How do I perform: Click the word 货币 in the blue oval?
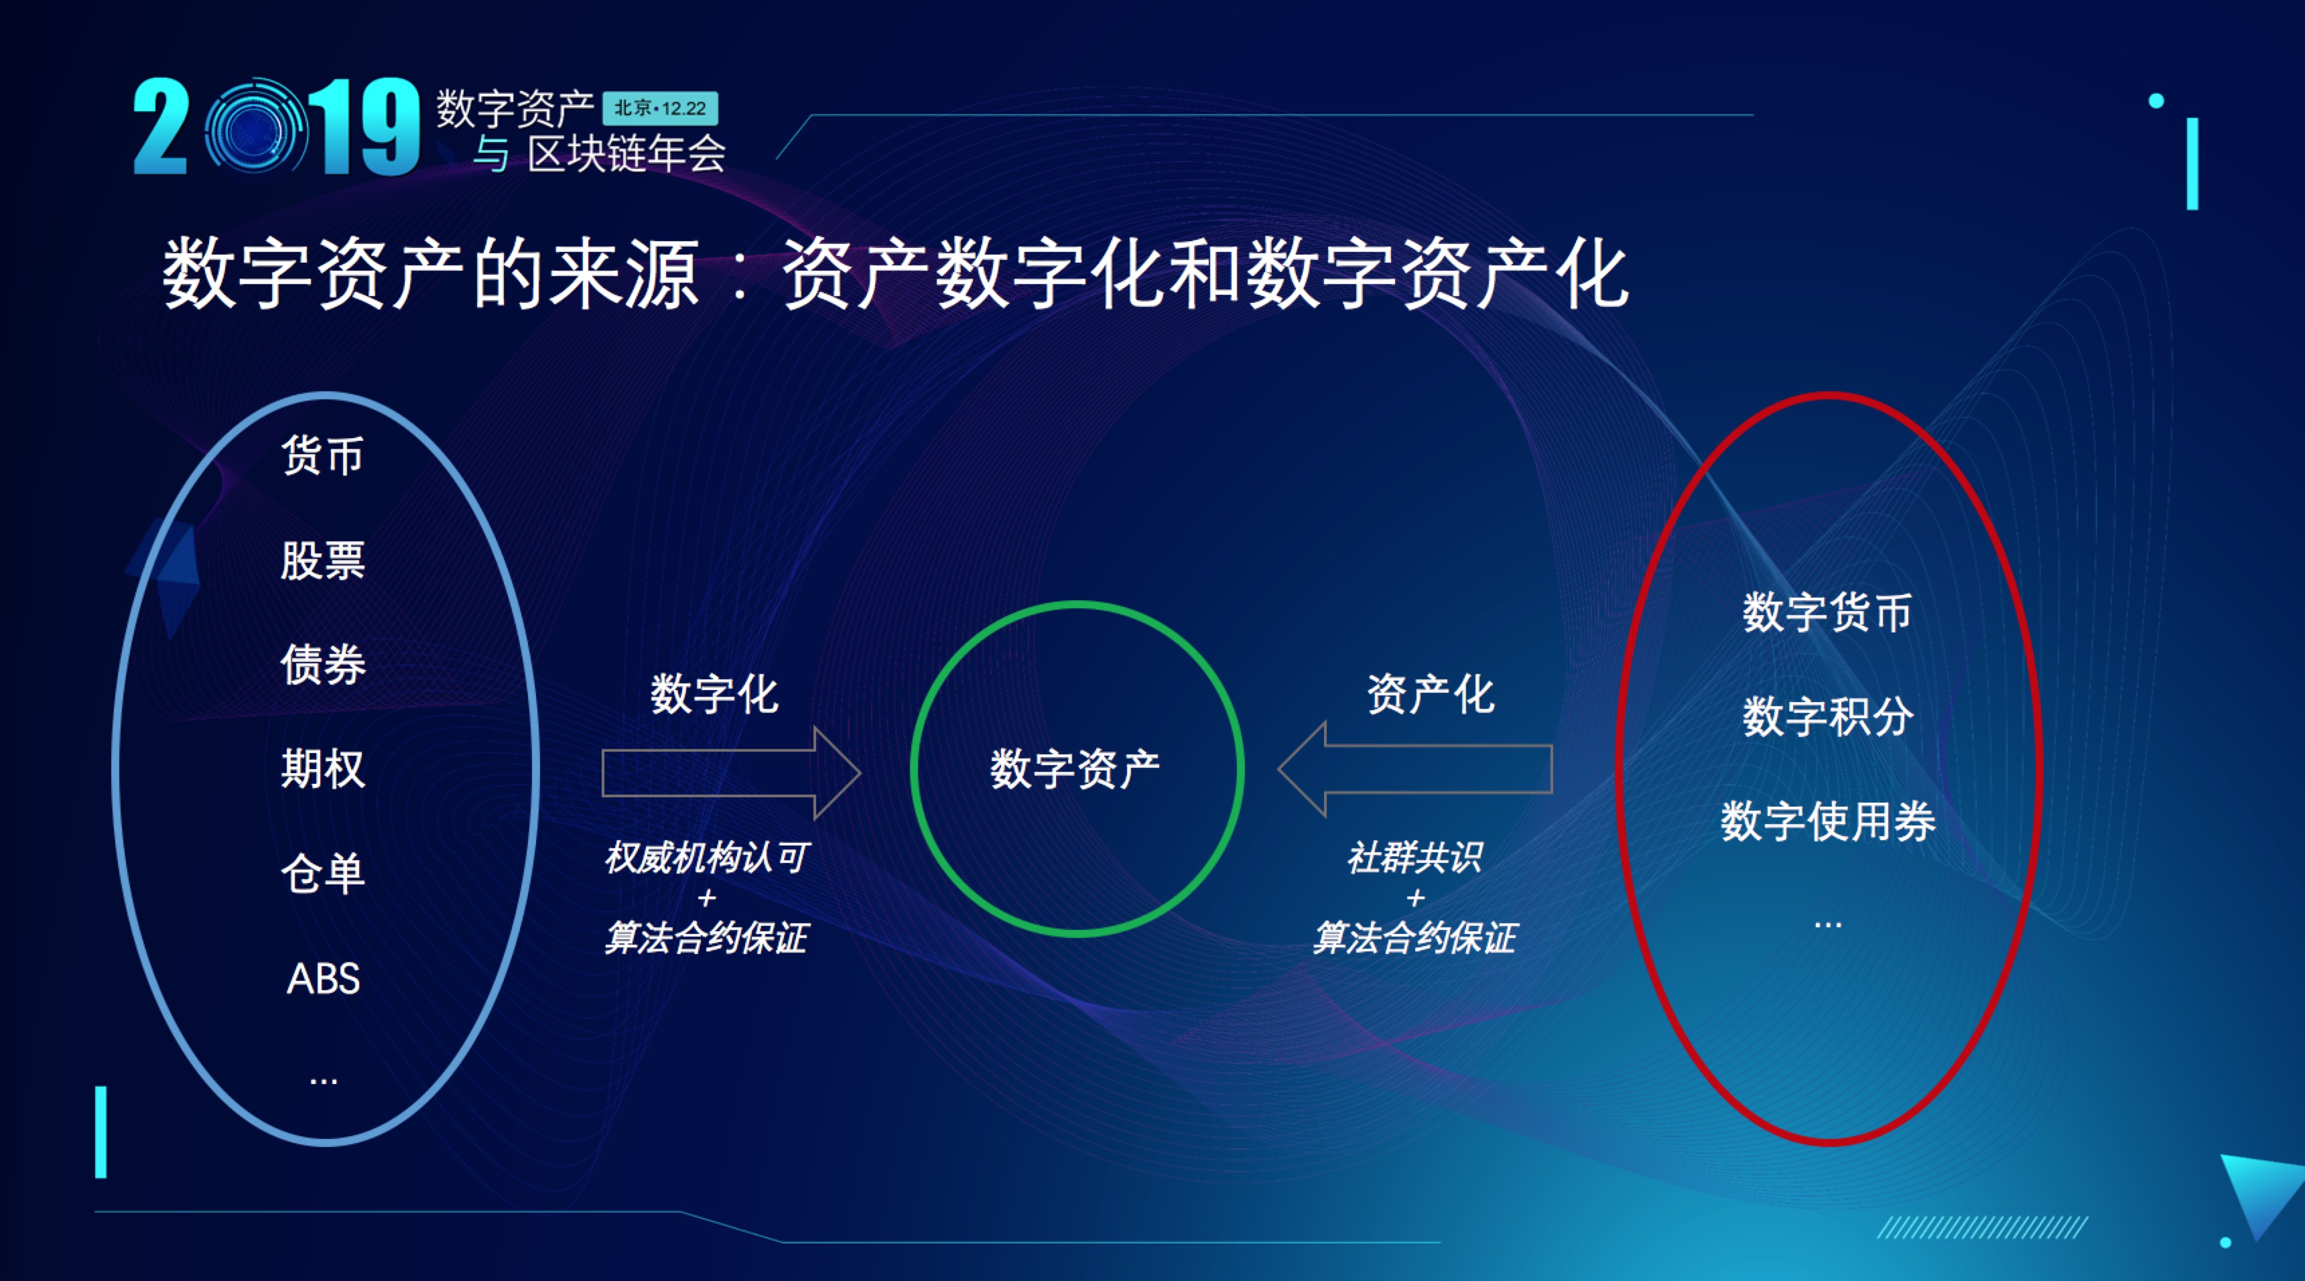pos(322,456)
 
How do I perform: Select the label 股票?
pos(322,560)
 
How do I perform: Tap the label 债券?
pos(322,665)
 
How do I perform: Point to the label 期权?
pos(322,768)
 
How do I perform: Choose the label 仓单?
pos(322,873)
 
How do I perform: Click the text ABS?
pos(323,977)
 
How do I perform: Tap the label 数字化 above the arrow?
pos(714,694)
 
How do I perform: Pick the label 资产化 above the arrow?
pos(1430,694)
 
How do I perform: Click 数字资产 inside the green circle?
pos(1075,769)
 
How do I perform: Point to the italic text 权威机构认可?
pos(706,857)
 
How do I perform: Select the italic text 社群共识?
pos(1414,857)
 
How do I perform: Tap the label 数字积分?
pos(1827,716)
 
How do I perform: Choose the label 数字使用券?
pos(1827,821)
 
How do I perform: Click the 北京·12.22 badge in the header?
pos(661,109)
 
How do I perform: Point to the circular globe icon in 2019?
pos(254,129)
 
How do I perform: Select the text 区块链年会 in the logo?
pos(627,154)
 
